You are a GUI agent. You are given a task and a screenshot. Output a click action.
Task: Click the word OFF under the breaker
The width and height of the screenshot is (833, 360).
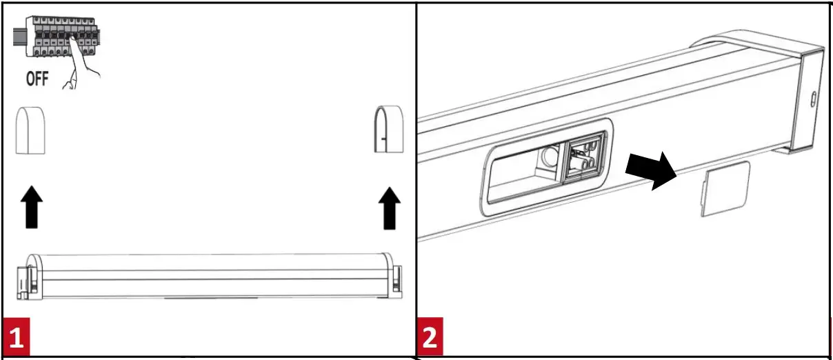37,79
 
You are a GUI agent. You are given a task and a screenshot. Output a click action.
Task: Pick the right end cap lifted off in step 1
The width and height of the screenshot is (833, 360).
388,130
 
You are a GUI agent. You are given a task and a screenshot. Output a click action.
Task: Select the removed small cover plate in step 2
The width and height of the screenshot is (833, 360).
725,189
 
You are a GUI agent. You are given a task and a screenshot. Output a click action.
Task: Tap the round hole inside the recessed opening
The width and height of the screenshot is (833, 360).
549,157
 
